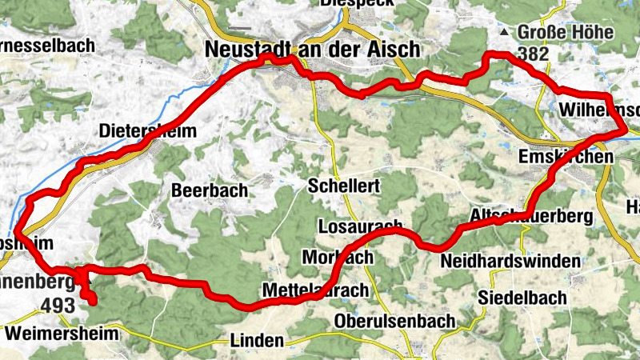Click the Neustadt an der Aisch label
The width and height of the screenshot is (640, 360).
pos(312,50)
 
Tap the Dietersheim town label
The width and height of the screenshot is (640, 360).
pos(147,131)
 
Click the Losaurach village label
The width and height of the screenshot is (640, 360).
pos(359,226)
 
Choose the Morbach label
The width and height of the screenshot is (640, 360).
pos(338,258)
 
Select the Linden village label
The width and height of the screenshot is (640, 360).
pos(256,341)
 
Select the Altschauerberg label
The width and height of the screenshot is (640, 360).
pos(531,217)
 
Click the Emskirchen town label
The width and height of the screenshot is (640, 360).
pos(566,157)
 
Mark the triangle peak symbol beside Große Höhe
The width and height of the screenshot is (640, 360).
pos(504,34)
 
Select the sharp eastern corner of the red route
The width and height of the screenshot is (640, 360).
pos(624,130)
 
